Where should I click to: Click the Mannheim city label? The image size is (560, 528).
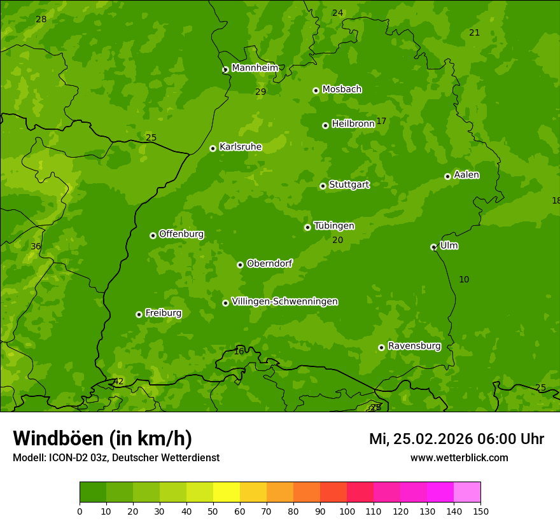tap(255, 68)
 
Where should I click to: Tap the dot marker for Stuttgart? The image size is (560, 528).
tap(323, 186)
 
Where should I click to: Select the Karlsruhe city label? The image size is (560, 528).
tap(240, 147)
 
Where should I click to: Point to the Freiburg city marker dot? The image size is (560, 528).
tap(139, 314)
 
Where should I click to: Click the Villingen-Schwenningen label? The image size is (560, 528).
tap(284, 302)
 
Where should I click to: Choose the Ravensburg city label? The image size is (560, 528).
tap(414, 346)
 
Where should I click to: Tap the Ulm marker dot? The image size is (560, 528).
tap(433, 247)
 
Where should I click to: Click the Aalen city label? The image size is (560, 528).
tap(466, 175)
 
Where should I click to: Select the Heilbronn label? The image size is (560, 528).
tap(353, 124)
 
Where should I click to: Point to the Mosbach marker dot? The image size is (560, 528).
tap(316, 90)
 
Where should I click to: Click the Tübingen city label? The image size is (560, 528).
tap(334, 226)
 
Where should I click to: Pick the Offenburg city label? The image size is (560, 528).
tap(181, 234)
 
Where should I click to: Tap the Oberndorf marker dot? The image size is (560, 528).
tap(240, 265)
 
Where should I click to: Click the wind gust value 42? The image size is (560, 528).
tap(118, 382)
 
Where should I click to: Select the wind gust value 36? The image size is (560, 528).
tap(36, 247)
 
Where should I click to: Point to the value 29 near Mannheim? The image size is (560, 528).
tap(260, 92)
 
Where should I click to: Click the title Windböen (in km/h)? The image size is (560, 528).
tap(102, 438)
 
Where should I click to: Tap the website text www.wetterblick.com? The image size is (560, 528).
tap(459, 458)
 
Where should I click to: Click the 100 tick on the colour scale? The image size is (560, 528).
tap(347, 511)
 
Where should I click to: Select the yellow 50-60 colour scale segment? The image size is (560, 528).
tap(227, 492)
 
